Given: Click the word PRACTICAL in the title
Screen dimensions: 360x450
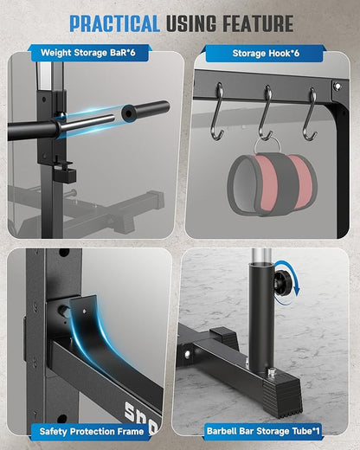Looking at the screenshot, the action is click(114, 23).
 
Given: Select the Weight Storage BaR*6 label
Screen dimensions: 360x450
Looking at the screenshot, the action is click(88, 53).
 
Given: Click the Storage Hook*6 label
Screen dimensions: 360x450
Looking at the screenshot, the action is click(266, 53).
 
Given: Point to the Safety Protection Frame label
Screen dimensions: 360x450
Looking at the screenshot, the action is click(92, 432).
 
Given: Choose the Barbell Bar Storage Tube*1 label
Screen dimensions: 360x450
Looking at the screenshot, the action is click(263, 431).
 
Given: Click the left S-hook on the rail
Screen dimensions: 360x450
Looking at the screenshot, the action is click(218, 112).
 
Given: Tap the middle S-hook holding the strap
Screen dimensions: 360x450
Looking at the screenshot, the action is click(267, 112).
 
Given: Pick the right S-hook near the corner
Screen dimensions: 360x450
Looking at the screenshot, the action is click(311, 114).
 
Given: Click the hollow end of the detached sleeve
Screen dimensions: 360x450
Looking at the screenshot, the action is click(127, 112).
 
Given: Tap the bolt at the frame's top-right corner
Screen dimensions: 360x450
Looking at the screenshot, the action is click(337, 86).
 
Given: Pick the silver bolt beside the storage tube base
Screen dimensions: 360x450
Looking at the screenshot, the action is click(271, 372).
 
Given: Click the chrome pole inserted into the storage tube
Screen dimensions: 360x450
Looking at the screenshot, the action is click(261, 255).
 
